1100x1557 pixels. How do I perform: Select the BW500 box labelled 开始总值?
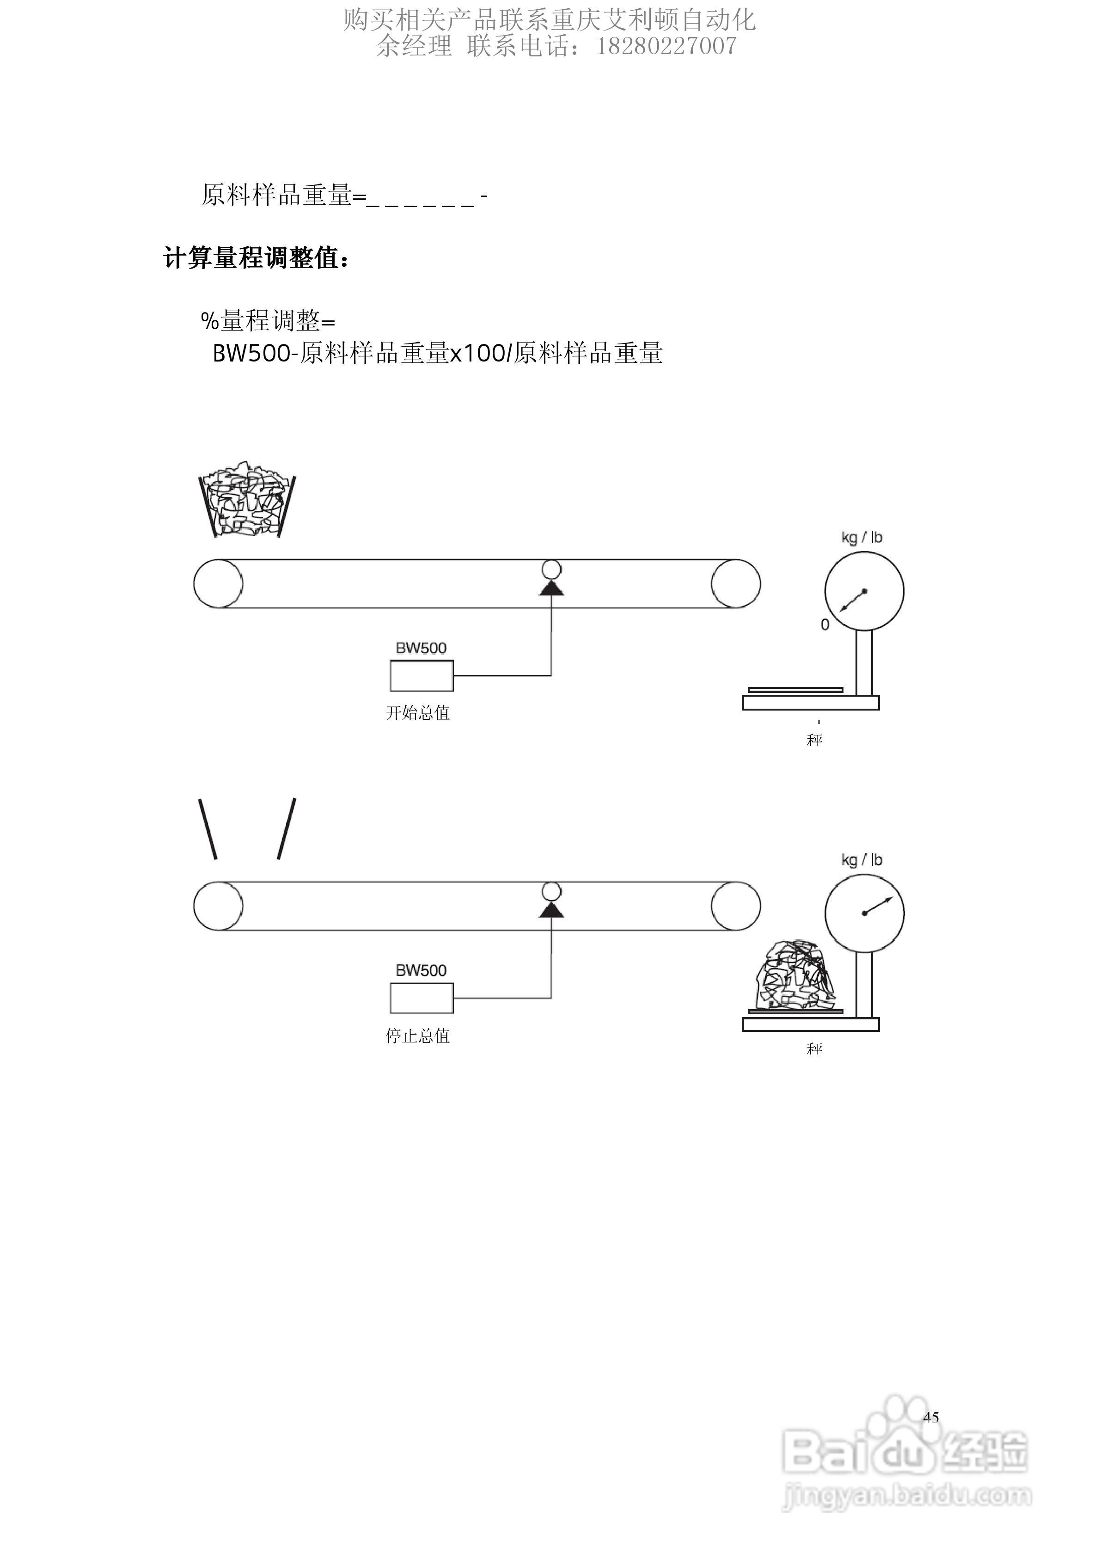click(421, 675)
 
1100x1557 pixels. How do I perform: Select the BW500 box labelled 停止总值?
click(421, 998)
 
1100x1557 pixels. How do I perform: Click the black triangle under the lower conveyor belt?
click(551, 911)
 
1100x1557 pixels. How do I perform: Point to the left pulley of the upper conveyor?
click(218, 584)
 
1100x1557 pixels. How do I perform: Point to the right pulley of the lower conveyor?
click(736, 906)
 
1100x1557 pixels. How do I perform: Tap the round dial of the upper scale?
click(864, 591)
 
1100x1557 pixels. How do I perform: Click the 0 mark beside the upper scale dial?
click(825, 625)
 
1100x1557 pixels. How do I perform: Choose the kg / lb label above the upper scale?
click(862, 538)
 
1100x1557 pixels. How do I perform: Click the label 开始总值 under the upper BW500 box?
click(418, 713)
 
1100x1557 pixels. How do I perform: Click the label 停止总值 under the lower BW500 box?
click(418, 1036)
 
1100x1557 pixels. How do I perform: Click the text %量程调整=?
click(268, 321)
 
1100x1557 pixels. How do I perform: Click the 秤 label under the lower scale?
click(814, 1048)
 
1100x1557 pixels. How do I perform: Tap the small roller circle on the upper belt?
click(551, 568)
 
